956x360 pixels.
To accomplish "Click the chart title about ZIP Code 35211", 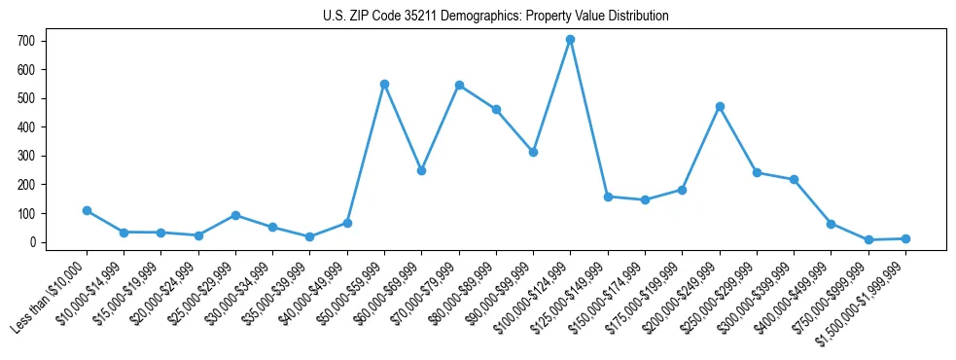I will (495, 17).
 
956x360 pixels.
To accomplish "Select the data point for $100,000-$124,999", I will (570, 40).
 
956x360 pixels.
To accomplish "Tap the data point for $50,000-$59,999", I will (384, 84).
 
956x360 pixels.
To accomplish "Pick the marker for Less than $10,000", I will (87, 210).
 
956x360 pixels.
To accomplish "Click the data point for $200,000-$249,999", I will (720, 106).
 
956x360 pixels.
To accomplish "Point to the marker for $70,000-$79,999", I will (459, 85).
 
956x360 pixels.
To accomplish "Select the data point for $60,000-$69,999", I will (421, 170).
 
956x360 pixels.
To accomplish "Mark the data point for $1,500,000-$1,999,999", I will (905, 238).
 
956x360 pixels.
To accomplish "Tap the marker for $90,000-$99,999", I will (533, 152).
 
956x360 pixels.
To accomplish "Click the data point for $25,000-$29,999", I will (235, 215).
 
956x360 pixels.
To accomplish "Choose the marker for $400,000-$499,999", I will (831, 224).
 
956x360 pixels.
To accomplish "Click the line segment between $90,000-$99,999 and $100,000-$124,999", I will (551, 95).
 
